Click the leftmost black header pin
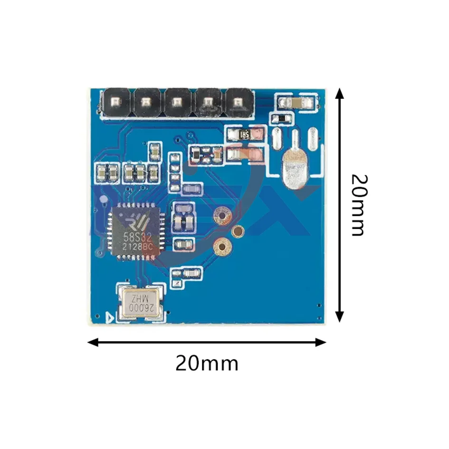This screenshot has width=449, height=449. pos(115,102)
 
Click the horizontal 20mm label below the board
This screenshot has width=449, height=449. pos(207,364)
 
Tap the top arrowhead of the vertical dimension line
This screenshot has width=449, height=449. pos(339,93)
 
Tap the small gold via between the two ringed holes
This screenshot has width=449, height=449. pos(238,231)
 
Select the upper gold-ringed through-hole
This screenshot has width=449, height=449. pos(221,215)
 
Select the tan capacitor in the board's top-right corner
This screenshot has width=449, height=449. pos(296,102)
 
